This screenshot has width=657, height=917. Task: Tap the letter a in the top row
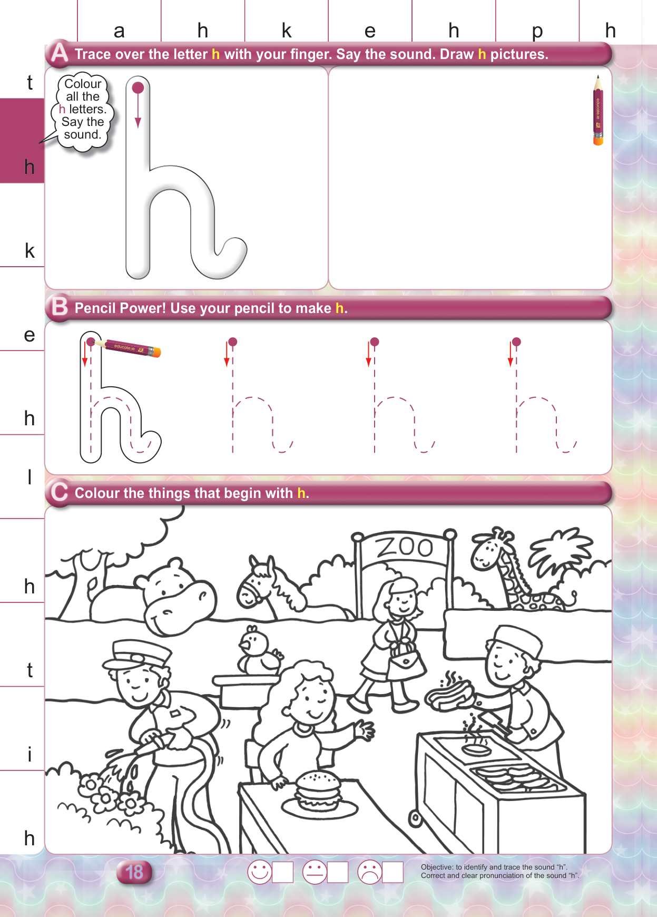(x=119, y=32)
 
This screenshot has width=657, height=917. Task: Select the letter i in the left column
(x=30, y=754)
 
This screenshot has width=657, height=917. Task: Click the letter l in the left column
(x=30, y=476)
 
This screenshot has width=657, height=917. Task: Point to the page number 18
(x=134, y=872)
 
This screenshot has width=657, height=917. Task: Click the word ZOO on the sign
(x=405, y=547)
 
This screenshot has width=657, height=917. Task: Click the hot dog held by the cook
(x=448, y=692)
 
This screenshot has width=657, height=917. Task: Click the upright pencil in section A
(x=598, y=110)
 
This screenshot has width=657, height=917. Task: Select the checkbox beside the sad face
(x=393, y=872)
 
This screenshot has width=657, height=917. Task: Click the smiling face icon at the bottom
(x=259, y=872)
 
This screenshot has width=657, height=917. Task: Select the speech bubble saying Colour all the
(x=83, y=111)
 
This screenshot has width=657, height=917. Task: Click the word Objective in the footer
(x=436, y=867)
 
